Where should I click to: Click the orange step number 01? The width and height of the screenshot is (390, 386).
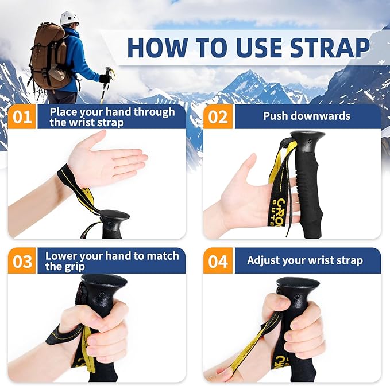click(22, 117)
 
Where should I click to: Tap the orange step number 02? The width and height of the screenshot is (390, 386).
click(218, 117)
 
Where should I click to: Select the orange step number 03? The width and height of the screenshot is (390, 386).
click(22, 261)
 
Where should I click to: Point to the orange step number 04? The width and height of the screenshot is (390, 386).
click(218, 261)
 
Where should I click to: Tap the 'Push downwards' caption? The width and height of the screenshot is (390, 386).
click(306, 116)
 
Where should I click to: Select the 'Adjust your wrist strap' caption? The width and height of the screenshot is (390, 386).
click(304, 260)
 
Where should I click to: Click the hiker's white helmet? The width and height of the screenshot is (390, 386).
click(69, 18)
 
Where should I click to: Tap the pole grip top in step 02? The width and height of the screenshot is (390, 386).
click(307, 138)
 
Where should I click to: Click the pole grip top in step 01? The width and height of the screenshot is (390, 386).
click(114, 216)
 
